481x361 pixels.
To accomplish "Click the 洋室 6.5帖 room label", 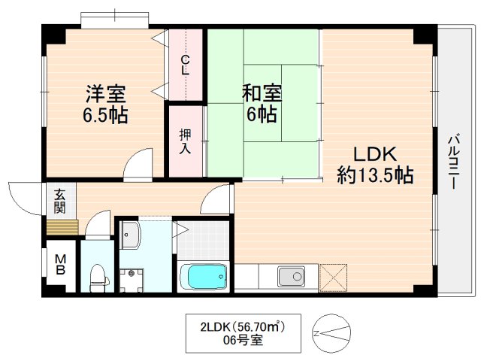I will tap(105, 105).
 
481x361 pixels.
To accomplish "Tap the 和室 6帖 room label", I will tap(261, 104).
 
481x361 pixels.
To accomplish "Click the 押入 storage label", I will tap(185, 142).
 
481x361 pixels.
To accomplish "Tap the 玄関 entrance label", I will tap(59, 200).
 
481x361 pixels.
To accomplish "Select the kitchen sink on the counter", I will tap(290, 276).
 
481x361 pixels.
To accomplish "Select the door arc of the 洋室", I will tap(138, 166).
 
